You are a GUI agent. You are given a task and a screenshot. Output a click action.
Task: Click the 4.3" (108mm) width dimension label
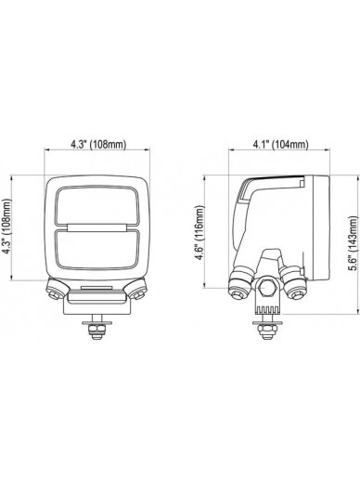[98, 144]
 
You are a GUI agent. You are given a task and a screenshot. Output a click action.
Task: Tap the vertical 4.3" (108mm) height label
[6, 227]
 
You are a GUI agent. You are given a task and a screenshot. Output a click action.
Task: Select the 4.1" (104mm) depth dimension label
[280, 144]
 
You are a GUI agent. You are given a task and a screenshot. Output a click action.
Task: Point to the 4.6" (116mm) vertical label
[200, 233]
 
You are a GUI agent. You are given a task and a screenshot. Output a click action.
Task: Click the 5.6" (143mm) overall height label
[353, 243]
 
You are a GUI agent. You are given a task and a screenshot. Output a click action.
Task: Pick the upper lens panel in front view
[97, 205]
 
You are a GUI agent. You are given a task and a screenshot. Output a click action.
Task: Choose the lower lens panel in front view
[97, 250]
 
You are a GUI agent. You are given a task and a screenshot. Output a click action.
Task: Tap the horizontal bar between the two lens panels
[97, 227]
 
